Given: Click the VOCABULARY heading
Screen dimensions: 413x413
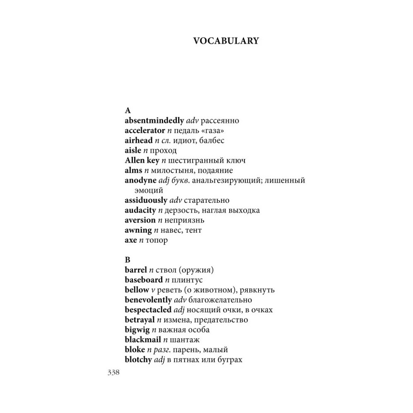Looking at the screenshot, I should pos(226,41).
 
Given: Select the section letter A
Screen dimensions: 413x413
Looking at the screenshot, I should pos(128,111).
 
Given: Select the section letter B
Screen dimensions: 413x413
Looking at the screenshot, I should pos(127,260).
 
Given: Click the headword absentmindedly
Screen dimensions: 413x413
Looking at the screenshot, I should pos(154,121).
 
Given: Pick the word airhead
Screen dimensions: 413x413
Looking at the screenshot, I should pos(138,140).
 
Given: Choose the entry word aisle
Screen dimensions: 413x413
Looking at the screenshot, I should pos(133,150).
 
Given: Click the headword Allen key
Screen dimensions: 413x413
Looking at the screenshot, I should pos(142,160).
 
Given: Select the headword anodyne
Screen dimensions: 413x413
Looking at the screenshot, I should pos(140,180).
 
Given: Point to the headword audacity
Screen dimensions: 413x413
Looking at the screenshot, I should pos(140,210).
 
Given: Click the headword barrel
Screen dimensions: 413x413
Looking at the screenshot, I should pos(135,270).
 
